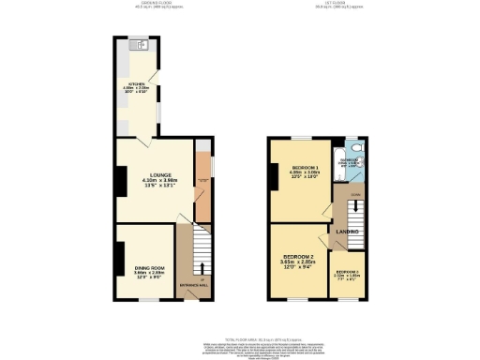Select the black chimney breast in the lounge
(120, 181)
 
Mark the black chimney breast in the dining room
(120, 255)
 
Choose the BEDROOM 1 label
(303, 167)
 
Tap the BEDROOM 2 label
(301, 256)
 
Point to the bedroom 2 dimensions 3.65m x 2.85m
(301, 262)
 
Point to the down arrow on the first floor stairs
(354, 196)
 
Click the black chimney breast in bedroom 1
(273, 175)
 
